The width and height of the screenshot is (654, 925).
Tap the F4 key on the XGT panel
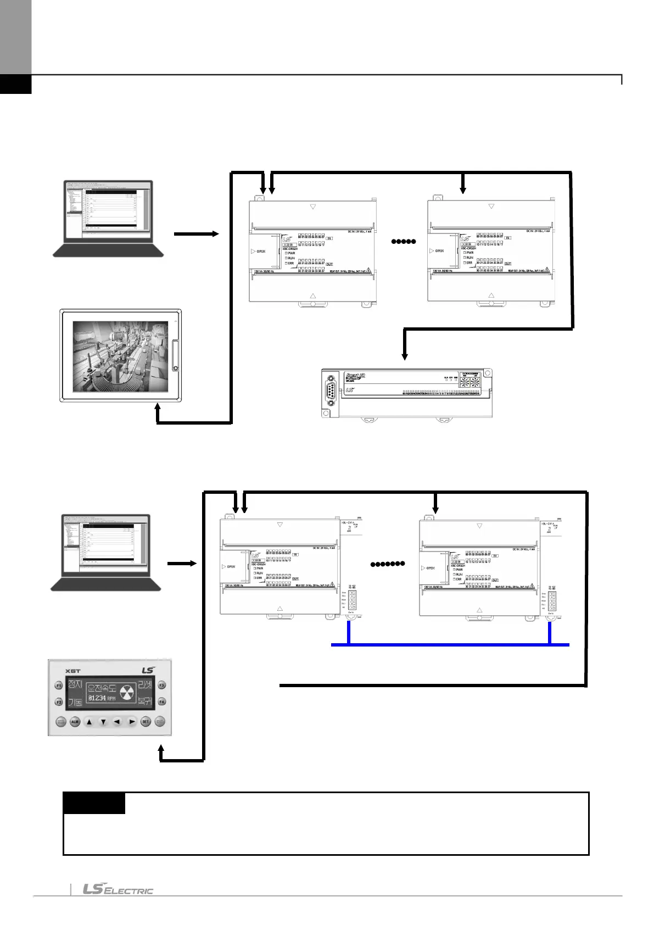(x=162, y=701)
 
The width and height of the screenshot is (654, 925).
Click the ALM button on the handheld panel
(x=75, y=722)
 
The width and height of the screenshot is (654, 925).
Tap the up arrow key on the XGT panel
(x=90, y=722)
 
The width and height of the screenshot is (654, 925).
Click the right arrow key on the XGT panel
(x=131, y=722)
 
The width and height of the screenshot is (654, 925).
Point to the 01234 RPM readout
(x=102, y=698)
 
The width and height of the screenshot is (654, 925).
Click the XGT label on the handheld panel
(x=72, y=671)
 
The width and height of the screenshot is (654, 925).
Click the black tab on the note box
(x=94, y=803)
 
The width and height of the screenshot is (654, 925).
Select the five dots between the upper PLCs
(x=403, y=242)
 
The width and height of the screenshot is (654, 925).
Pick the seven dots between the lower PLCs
(x=388, y=564)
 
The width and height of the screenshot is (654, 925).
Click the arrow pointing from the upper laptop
(x=196, y=234)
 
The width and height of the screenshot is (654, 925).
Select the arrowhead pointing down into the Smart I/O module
(x=405, y=356)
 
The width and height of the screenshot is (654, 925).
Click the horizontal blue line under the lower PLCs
(x=450, y=644)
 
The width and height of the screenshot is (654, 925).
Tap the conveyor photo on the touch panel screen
(x=121, y=356)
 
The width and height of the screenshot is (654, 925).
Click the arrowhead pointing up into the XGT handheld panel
(x=161, y=749)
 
